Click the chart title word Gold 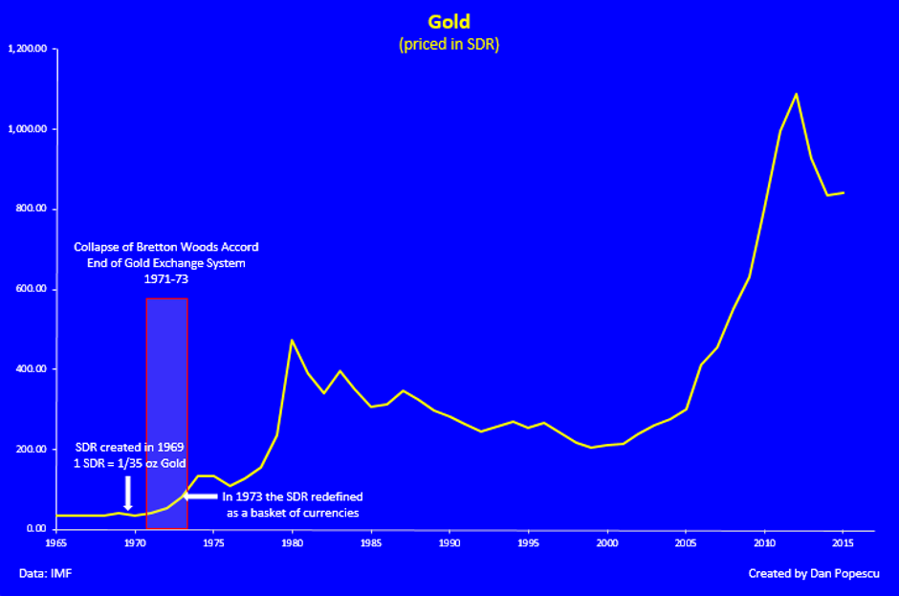coord(448,22)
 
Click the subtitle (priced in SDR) coord(448,44)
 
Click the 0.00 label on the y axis coord(37,529)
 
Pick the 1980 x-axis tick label coord(293,543)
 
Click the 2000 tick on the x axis coord(607,543)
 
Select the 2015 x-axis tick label coord(844,543)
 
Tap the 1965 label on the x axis coord(56,543)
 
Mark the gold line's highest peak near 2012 coord(796,94)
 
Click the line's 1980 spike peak coord(292,341)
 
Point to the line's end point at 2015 coord(843,192)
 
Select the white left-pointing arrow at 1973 coord(200,497)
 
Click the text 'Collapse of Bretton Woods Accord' coord(166,248)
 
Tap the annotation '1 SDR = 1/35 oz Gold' coord(130,464)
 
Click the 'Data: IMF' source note coord(45,574)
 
